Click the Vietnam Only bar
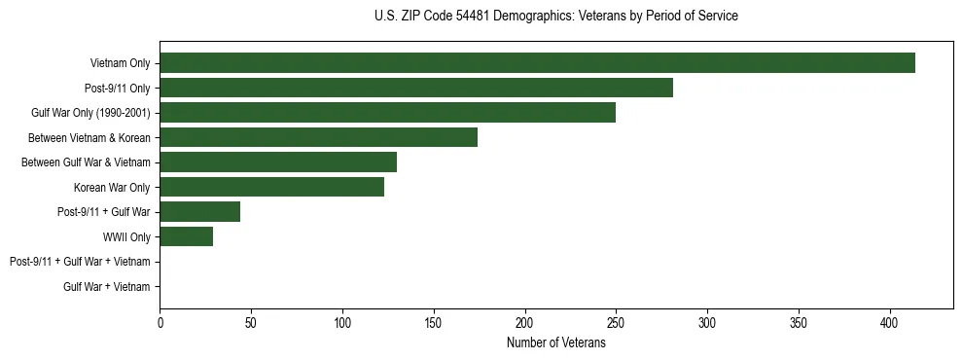click(537, 63)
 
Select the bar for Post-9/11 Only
click(416, 88)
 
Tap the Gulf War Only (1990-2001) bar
click(387, 113)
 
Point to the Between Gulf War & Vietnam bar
click(278, 162)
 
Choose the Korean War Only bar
click(271, 187)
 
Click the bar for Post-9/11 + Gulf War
click(199, 212)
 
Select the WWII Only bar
click(186, 236)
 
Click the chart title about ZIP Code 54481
click(555, 17)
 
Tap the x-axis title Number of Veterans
click(555, 342)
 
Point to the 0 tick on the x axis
click(160, 323)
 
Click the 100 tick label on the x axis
click(342, 323)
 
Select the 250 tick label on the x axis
click(616, 323)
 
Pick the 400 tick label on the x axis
click(889, 323)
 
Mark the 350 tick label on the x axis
click(798, 323)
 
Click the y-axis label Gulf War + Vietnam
click(107, 287)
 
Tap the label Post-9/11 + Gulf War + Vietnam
click(80, 262)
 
